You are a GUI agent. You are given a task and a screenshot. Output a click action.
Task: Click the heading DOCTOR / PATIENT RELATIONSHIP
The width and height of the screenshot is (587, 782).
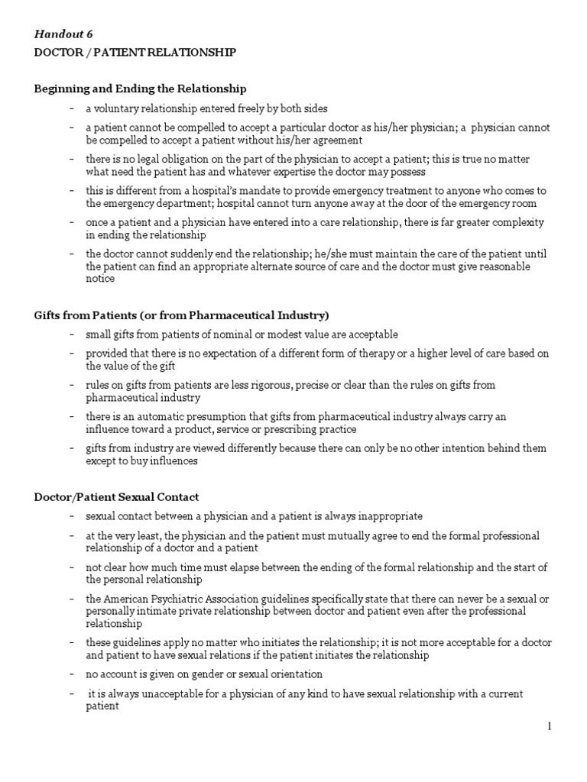[x=135, y=53]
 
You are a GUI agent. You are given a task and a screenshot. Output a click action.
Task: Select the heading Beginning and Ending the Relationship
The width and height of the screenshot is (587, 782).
[x=140, y=89]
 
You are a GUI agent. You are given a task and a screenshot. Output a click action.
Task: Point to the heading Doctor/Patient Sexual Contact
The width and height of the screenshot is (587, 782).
[x=116, y=497]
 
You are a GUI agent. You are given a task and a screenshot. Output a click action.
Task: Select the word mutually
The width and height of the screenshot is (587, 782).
[x=332, y=536]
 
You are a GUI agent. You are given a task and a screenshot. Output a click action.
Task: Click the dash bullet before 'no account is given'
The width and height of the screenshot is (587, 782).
[x=71, y=674]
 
